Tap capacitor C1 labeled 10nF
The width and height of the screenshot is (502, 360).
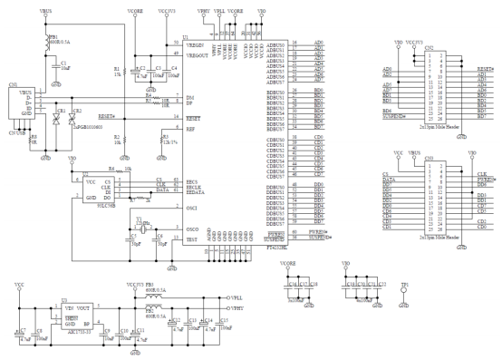click(56, 63)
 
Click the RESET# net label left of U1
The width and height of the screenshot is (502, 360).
click(105, 117)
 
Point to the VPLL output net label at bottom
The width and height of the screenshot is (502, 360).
click(237, 297)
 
